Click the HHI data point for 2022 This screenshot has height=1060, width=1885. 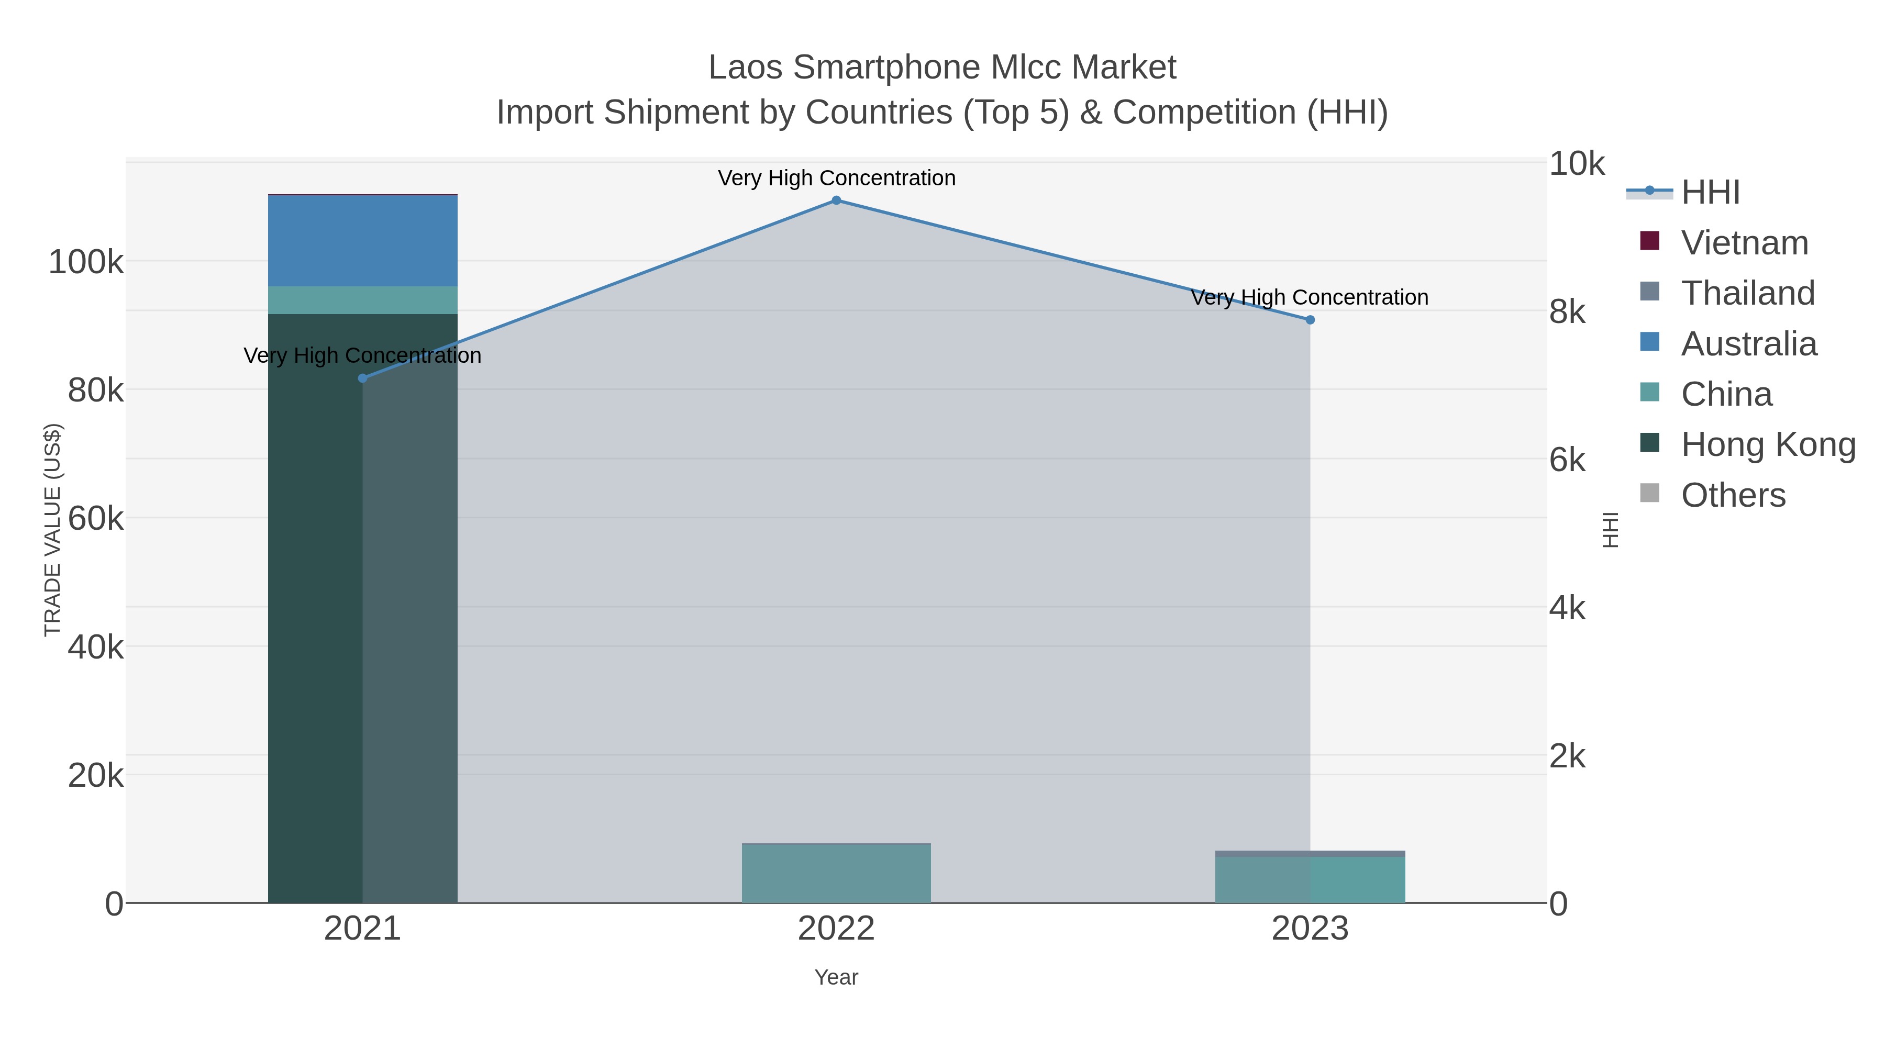point(836,200)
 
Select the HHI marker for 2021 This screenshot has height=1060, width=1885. point(362,378)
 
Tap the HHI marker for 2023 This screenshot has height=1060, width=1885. point(1310,320)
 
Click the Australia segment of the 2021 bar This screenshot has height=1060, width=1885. point(362,241)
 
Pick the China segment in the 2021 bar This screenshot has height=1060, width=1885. point(362,300)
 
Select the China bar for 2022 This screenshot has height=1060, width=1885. point(836,874)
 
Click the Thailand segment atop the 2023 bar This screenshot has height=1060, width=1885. point(1310,854)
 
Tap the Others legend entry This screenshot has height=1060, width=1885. point(1732,495)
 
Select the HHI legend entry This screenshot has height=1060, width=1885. point(1710,193)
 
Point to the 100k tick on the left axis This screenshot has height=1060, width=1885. point(86,262)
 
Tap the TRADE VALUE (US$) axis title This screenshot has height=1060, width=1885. point(53,530)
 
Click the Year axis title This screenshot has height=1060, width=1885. point(836,977)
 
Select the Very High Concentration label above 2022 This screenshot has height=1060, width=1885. point(836,178)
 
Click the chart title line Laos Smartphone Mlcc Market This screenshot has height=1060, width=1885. point(942,68)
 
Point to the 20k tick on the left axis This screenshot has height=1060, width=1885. point(95,775)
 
